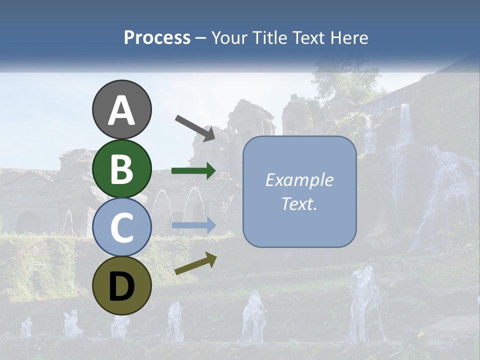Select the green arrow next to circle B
[193, 171]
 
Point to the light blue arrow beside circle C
[193, 225]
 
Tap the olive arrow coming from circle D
[195, 263]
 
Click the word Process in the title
[157, 37]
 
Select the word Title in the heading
[269, 37]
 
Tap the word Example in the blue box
[299, 180]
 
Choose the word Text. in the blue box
[299, 204]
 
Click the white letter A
[121, 110]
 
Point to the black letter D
[121, 286]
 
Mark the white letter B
[121, 169]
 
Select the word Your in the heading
[230, 37]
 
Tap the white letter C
[121, 227]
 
